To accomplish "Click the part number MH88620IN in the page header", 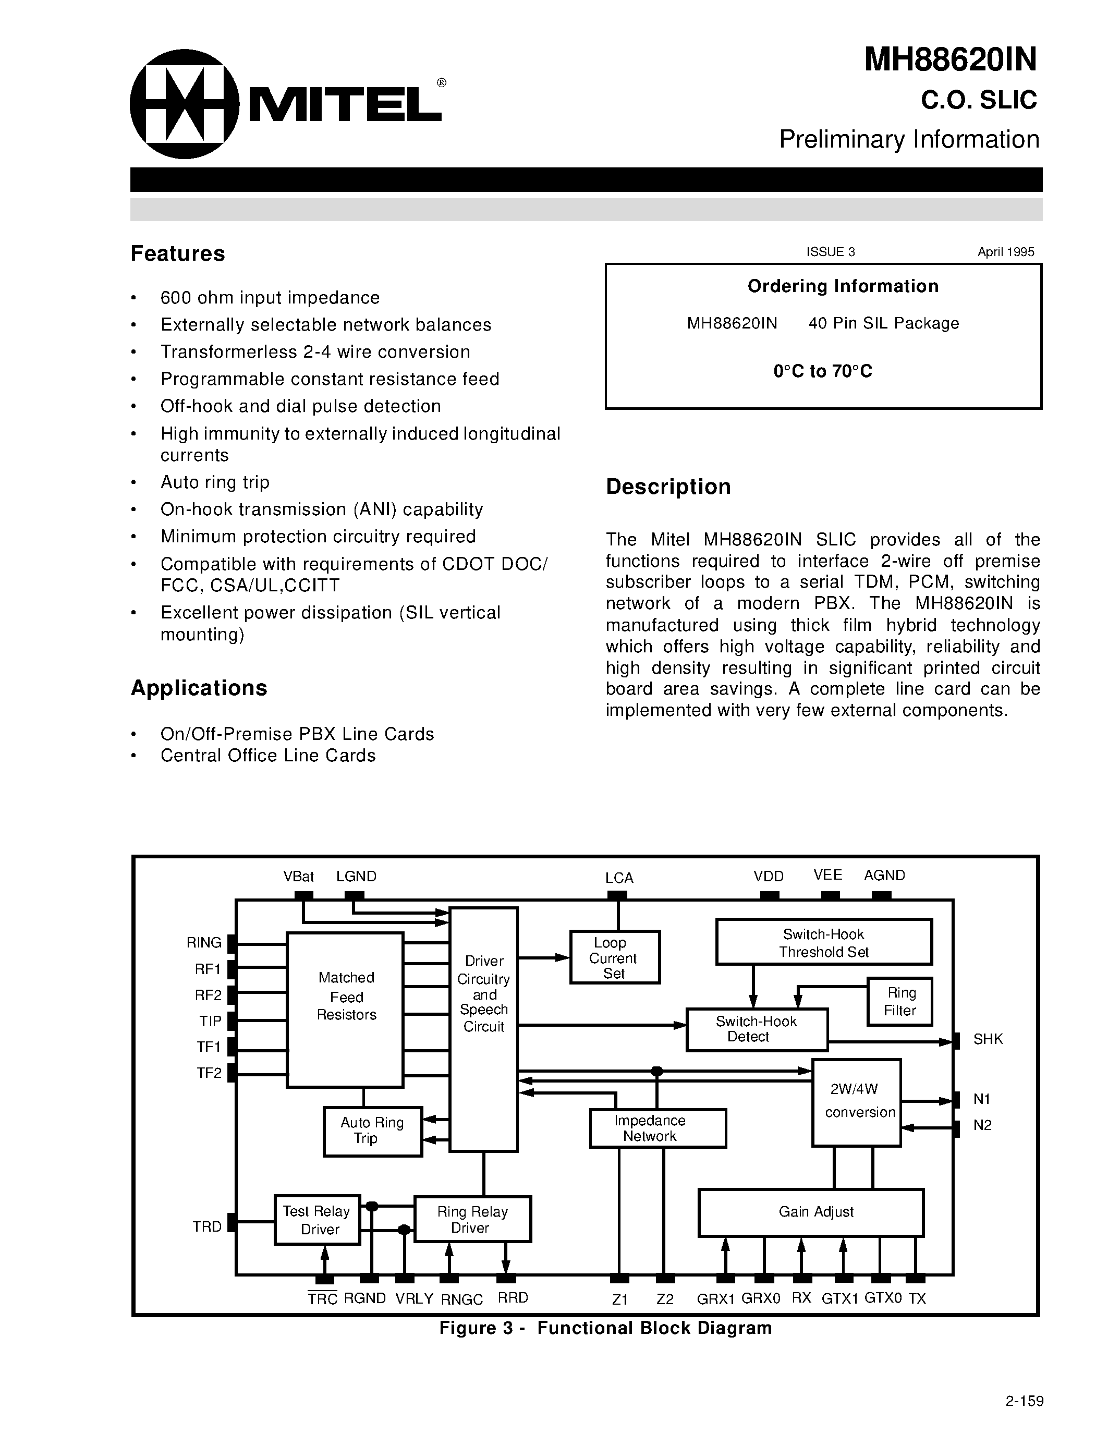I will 950,60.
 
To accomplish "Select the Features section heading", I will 178,253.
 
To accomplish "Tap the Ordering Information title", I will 843,286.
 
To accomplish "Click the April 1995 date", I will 1006,251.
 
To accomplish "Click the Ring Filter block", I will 900,1001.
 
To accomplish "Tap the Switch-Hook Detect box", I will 756,1029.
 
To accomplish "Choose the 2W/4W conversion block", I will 856,1102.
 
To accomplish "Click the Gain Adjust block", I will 811,1211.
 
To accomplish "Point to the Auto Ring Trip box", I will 372,1131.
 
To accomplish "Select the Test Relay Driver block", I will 317,1219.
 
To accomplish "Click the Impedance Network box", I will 657,1128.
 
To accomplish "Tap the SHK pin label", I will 988,1039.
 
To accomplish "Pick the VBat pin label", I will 299,877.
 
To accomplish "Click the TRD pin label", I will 208,1226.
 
